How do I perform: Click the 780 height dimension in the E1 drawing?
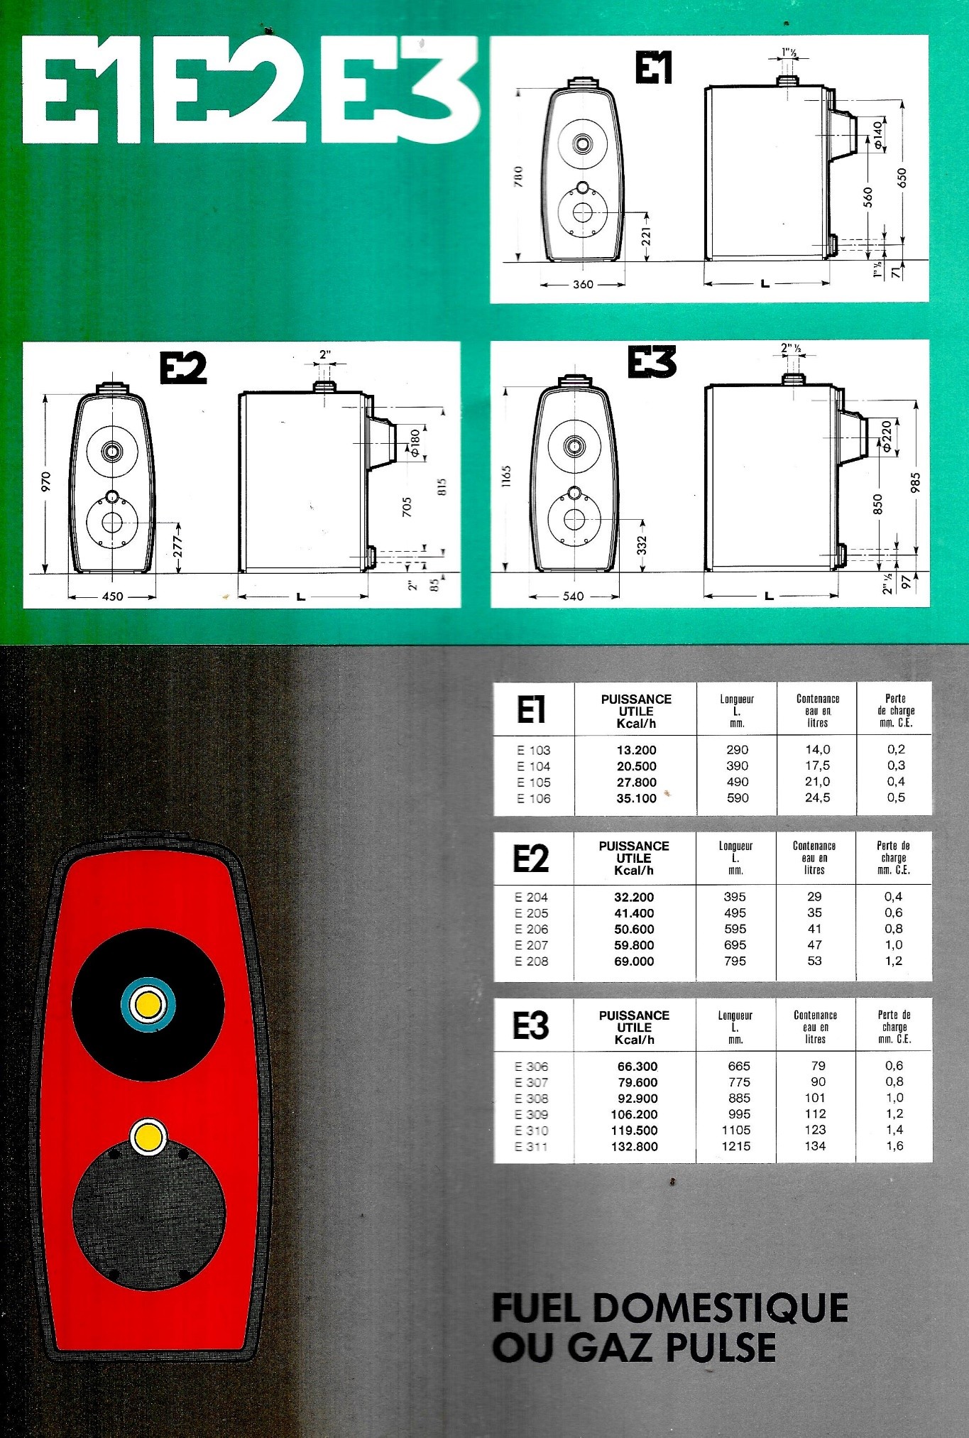click(518, 176)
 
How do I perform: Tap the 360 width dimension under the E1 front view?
click(583, 284)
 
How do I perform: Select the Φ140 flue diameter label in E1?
click(878, 136)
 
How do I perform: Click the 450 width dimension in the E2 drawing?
click(112, 597)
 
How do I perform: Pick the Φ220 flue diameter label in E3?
click(887, 436)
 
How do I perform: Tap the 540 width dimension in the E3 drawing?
click(573, 596)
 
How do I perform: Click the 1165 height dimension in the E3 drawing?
click(506, 476)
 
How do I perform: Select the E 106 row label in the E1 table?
click(534, 799)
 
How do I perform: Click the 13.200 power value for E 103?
click(636, 750)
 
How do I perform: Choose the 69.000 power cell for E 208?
click(634, 962)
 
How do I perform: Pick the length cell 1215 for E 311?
click(736, 1146)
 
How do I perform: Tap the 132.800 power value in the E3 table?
click(634, 1147)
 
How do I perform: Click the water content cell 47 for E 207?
click(815, 945)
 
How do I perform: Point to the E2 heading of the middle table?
click(531, 859)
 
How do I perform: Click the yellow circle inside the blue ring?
click(148, 1005)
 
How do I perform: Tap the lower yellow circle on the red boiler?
click(148, 1138)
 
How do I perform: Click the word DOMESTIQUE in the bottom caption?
click(721, 1309)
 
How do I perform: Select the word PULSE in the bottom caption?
click(717, 1348)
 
